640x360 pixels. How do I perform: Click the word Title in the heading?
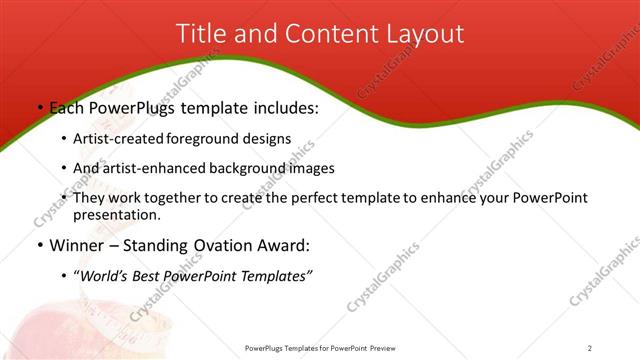pyautogui.click(x=200, y=33)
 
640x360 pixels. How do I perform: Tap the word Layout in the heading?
pyautogui.click(x=425, y=33)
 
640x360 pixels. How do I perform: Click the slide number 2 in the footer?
pyautogui.click(x=589, y=348)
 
